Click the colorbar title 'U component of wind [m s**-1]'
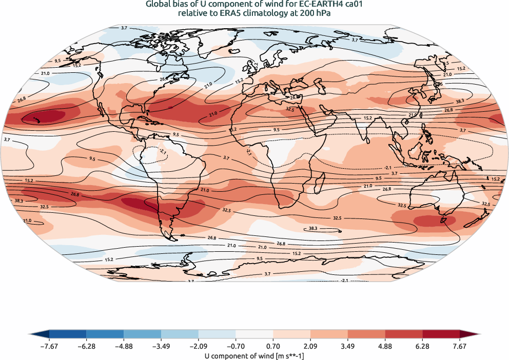[254, 355]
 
